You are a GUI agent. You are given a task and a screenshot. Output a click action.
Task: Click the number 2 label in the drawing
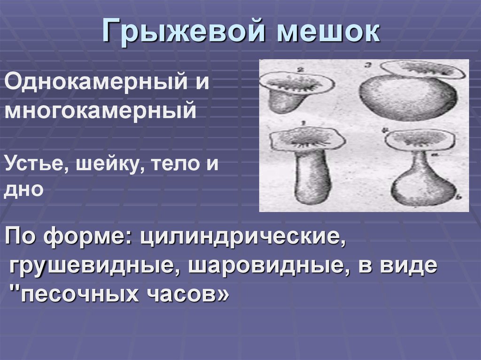[x=299, y=69]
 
